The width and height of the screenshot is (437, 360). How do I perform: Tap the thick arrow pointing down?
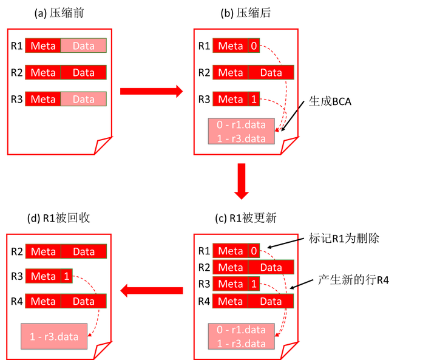pos(242,181)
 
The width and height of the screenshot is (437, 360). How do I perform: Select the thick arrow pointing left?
pos(151,291)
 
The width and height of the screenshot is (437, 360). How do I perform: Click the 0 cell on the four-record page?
pos(254,251)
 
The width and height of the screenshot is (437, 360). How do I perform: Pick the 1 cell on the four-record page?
pos(254,284)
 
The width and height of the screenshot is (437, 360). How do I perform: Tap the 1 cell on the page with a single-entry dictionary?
pos(67,276)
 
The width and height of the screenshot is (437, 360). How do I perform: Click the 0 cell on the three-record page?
pos(254,46)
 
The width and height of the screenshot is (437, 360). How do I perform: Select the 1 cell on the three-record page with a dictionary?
pos(254,99)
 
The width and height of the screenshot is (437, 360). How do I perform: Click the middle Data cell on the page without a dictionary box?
pos(84,72)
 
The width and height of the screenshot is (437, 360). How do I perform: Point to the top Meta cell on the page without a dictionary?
pos(43,46)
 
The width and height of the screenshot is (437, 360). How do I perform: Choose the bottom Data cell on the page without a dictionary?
pos(84,99)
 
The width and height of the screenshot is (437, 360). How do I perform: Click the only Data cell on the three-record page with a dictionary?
pos(271,72)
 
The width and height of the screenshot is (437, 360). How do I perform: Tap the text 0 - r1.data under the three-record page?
pos(241,125)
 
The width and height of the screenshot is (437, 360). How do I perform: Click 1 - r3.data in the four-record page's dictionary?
pos(241,343)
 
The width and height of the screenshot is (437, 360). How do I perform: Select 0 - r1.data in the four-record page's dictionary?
pos(241,330)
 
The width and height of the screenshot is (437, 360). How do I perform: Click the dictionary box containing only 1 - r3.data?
pos(54,336)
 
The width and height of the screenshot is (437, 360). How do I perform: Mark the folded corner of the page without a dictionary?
pos(104,146)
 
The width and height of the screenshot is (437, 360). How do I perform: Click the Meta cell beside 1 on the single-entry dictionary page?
pos(43,276)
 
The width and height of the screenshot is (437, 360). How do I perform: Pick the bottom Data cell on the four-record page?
pos(271,301)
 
